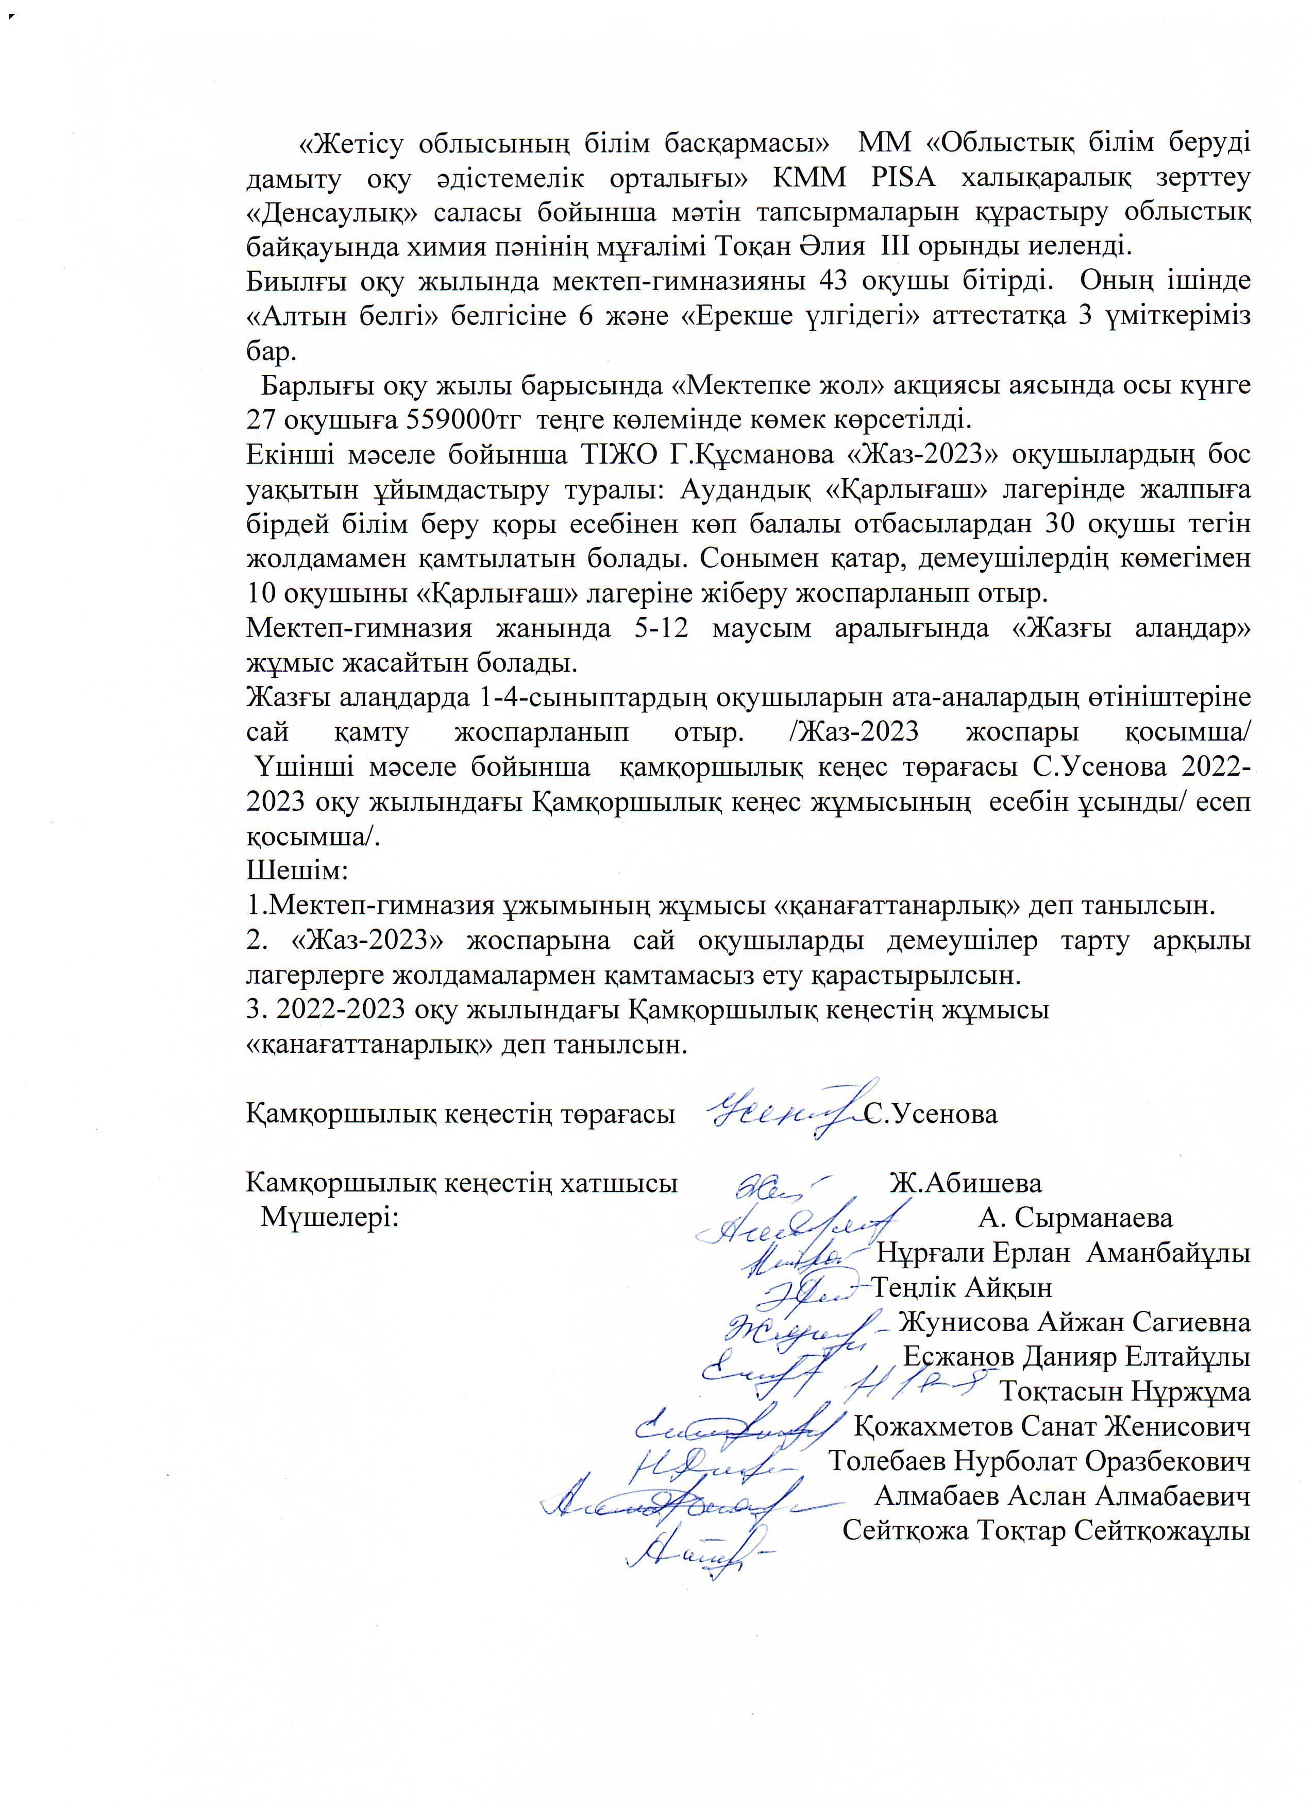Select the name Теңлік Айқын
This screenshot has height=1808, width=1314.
click(x=963, y=1287)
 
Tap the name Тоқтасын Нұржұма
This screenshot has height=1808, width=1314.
click(x=1125, y=1391)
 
